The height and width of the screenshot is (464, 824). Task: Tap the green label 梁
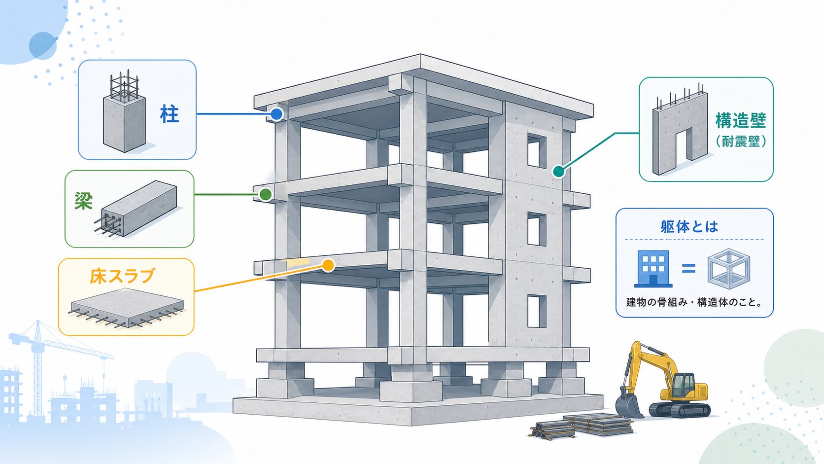(x=83, y=201)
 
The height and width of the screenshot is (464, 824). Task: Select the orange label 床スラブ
(x=122, y=276)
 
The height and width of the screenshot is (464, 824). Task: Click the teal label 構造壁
(x=741, y=121)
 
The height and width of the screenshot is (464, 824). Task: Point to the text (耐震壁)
(x=741, y=142)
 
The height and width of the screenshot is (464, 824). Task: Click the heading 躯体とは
(x=689, y=227)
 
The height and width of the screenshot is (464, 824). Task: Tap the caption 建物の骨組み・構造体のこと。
(x=694, y=302)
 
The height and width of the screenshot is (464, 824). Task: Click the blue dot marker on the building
(x=276, y=114)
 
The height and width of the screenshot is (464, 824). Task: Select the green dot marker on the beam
(x=265, y=194)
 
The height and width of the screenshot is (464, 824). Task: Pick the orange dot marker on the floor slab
(x=328, y=265)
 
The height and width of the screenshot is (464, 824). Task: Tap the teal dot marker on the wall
(x=558, y=172)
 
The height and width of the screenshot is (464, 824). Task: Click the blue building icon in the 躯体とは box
(x=653, y=269)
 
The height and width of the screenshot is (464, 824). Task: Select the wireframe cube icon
(x=729, y=269)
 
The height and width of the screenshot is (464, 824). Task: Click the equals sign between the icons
(x=688, y=269)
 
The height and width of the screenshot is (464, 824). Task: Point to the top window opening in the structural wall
(x=537, y=151)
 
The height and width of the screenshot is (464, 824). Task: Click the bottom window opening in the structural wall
(x=537, y=311)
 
